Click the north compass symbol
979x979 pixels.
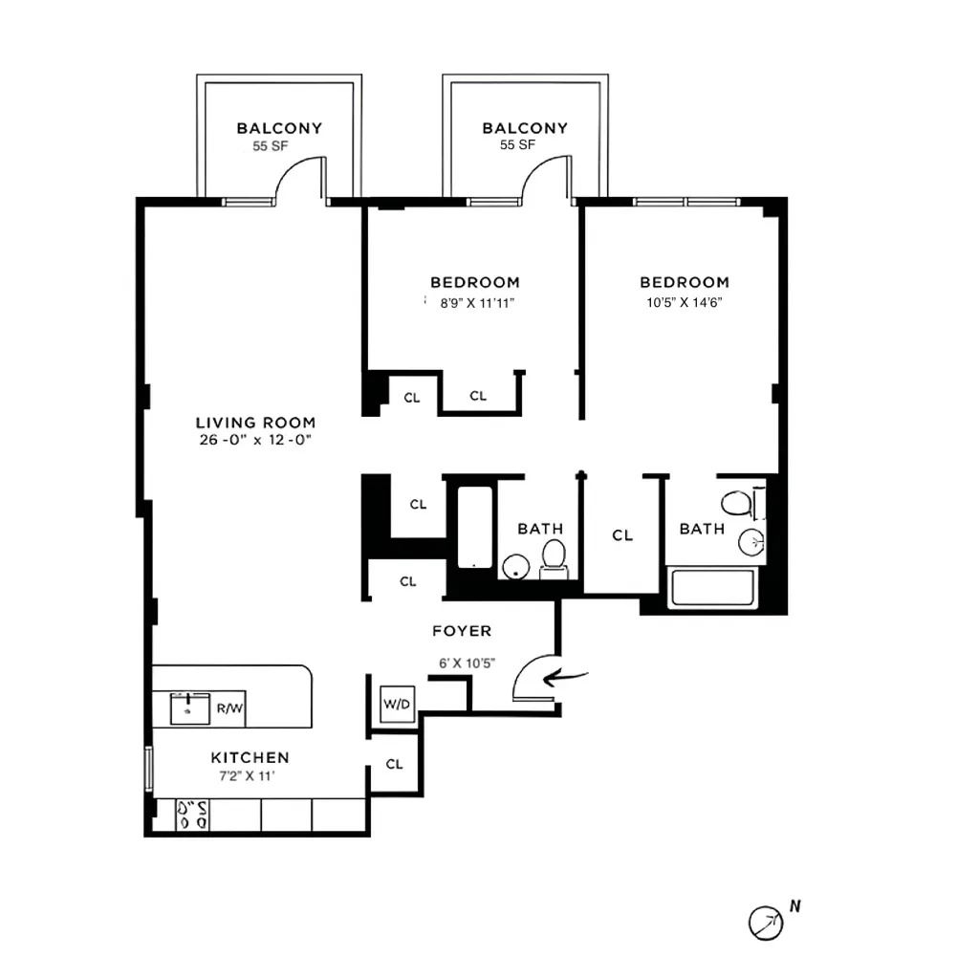[x=765, y=922]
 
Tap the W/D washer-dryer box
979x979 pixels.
[x=397, y=705]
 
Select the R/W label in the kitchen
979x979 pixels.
[x=229, y=708]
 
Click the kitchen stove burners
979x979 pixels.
[x=192, y=815]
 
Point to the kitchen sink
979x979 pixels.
[x=190, y=709]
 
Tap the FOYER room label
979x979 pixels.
[x=462, y=631]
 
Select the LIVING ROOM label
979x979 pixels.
[x=255, y=423]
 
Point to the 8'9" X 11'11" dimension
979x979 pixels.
[x=474, y=302]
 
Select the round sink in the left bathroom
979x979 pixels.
[x=515, y=567]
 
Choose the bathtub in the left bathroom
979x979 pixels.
[x=473, y=527]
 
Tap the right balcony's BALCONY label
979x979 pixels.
[x=525, y=128]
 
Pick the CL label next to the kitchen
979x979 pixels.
[x=394, y=764]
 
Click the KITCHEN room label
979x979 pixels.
[x=250, y=757]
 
